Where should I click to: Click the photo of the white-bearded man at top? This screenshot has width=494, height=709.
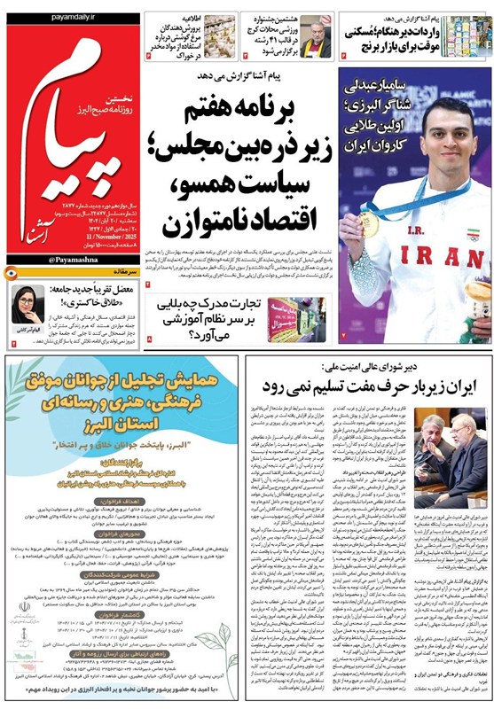click(314, 35)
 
